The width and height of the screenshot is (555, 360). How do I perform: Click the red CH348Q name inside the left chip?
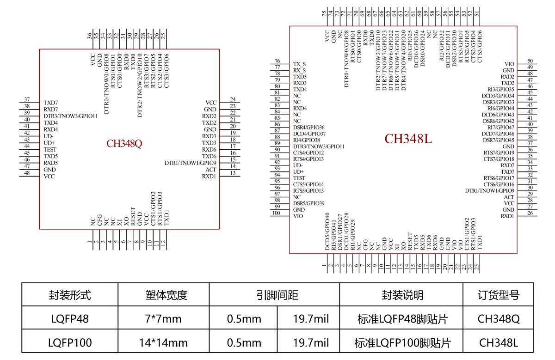click(x=124, y=143)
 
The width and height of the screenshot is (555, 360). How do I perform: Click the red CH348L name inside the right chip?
click(x=408, y=139)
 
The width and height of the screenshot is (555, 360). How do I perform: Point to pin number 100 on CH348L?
click(x=277, y=213)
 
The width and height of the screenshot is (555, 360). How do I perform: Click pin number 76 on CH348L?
click(x=277, y=61)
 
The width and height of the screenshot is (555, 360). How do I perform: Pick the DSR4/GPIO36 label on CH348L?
click(x=309, y=127)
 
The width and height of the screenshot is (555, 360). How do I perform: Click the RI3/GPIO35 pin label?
click(x=501, y=89)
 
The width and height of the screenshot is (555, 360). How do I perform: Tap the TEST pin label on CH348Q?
click(x=50, y=150)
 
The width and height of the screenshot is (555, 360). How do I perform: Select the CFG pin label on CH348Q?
click(x=99, y=220)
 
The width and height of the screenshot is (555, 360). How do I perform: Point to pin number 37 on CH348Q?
click(x=27, y=99)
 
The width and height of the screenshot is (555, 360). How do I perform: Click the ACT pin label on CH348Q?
click(x=211, y=170)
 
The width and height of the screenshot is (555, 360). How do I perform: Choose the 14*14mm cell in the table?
click(x=163, y=342)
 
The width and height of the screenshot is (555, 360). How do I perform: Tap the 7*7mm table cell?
click(x=163, y=319)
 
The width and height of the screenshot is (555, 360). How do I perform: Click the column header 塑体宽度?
click(x=163, y=295)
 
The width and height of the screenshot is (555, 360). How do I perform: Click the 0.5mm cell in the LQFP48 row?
click(x=244, y=319)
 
